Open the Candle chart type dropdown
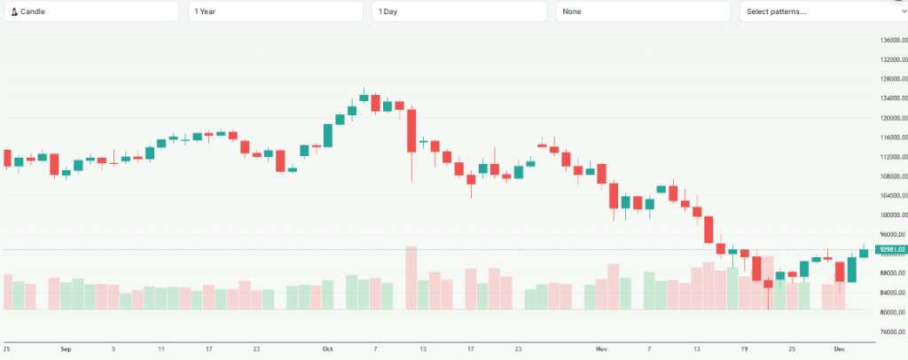[x=90, y=12]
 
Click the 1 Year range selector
[x=275, y=12]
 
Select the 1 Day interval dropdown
[x=459, y=12]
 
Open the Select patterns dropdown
[x=823, y=12]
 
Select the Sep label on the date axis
[x=66, y=349]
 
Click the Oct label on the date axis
[x=327, y=349]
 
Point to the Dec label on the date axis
[x=840, y=349]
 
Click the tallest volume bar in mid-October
[x=411, y=278]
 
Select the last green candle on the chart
[x=864, y=254]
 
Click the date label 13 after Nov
[x=696, y=349]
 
